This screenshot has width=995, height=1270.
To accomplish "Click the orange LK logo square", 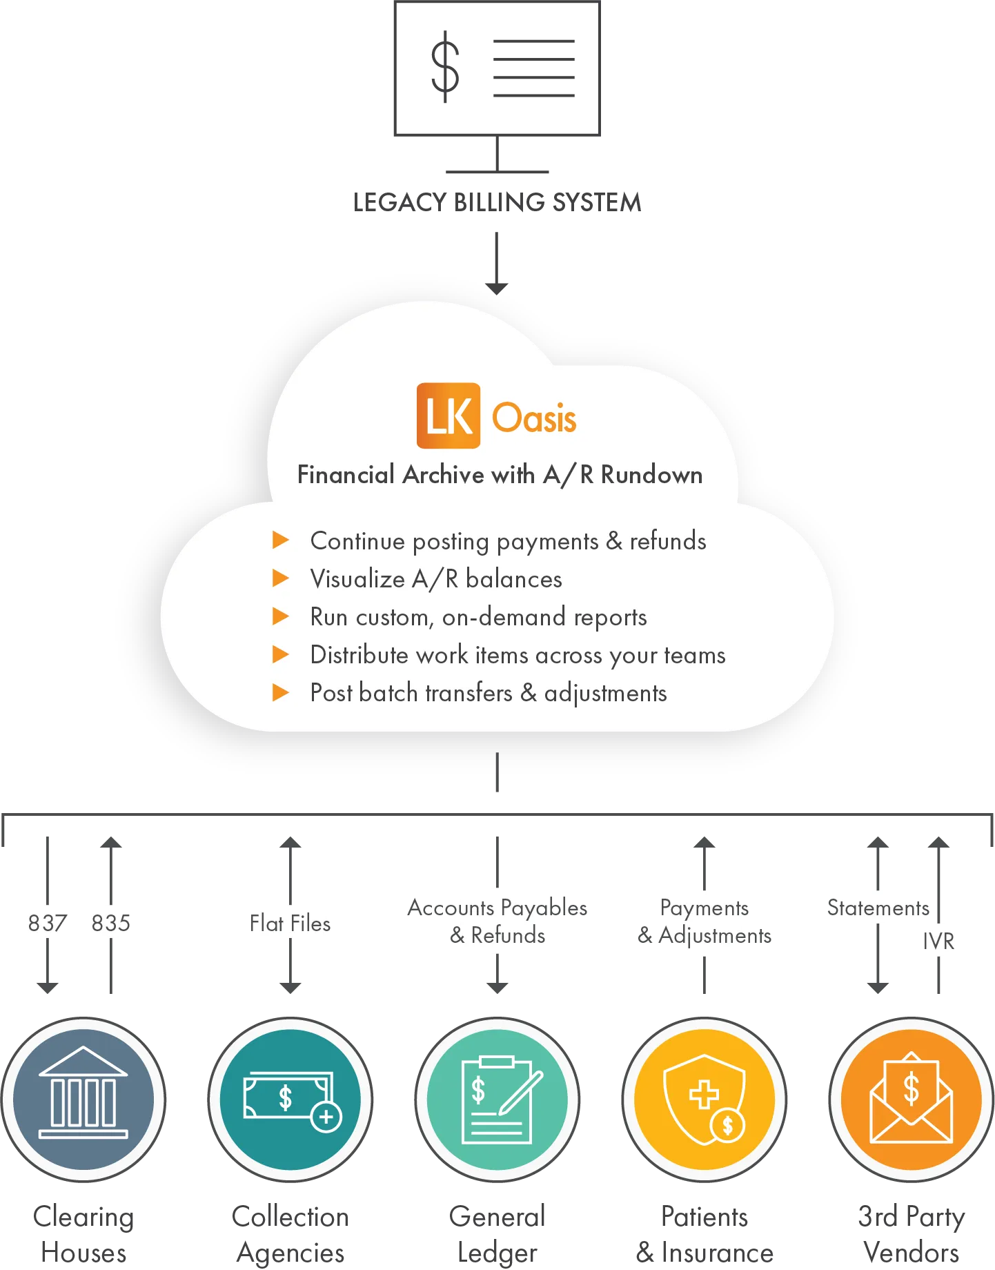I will [x=449, y=416].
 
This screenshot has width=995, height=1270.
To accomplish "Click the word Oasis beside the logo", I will [x=534, y=418].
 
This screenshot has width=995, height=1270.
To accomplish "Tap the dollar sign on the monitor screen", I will [x=446, y=66].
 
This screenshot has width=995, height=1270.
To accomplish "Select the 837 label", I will [x=47, y=923].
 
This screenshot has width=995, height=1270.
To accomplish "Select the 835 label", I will [x=111, y=923].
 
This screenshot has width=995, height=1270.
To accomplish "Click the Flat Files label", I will [x=290, y=924].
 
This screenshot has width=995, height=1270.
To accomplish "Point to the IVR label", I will [x=938, y=941].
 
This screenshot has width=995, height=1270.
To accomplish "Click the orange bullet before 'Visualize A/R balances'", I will [x=281, y=578].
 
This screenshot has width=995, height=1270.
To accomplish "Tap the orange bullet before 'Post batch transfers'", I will [x=281, y=692].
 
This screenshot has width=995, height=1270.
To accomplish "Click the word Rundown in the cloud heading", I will [x=651, y=475].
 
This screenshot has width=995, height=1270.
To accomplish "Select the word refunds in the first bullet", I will [x=668, y=541].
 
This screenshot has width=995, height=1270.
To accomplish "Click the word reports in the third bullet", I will [x=609, y=617].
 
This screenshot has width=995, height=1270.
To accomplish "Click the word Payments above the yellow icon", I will [x=704, y=908].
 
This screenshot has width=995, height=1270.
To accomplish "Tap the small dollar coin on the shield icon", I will [x=727, y=1126].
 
